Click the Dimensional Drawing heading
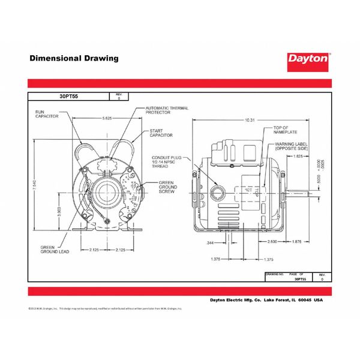[x=74, y=59]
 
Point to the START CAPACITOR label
[x=161, y=133]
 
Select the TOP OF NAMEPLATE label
[x=285, y=131]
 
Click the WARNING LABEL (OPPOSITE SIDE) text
[x=293, y=147]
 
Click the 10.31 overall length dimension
[x=250, y=121]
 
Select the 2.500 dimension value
[x=271, y=242]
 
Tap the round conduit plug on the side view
[x=220, y=193]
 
